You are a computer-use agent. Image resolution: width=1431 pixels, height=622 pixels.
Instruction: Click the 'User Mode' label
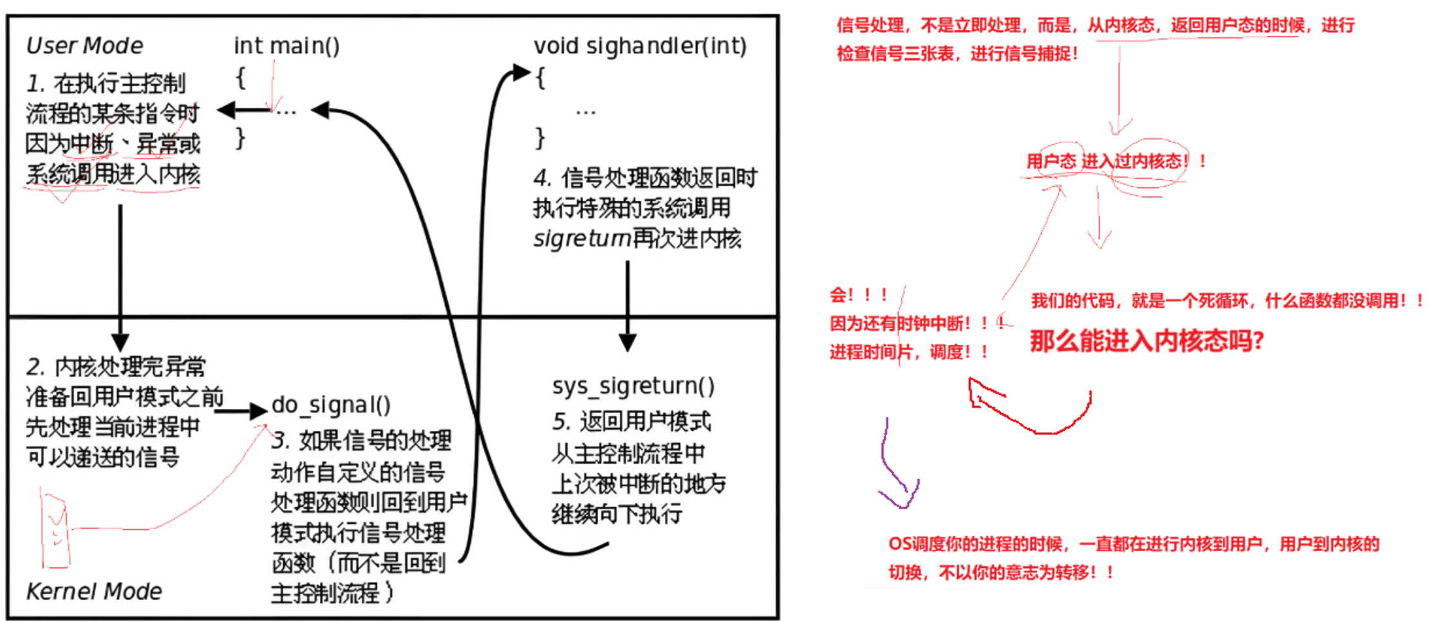click(x=84, y=46)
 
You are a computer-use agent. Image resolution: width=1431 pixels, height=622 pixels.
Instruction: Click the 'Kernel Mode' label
click(x=94, y=591)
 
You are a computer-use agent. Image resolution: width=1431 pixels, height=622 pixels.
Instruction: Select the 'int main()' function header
click(x=286, y=46)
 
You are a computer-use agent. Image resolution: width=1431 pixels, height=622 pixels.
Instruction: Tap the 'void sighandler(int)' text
click(x=640, y=46)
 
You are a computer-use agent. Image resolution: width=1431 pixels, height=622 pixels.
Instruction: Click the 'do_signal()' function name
click(x=331, y=405)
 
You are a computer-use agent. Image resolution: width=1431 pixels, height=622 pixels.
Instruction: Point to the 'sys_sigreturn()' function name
click(x=633, y=386)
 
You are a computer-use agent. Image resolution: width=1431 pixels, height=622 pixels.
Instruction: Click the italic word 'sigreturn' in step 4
click(x=581, y=239)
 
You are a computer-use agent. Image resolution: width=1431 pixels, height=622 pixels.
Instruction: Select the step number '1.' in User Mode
click(x=35, y=84)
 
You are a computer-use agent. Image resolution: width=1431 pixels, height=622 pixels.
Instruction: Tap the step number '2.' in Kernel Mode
click(x=35, y=367)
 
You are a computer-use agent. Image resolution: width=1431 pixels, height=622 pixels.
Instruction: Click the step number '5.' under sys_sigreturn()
click(x=561, y=422)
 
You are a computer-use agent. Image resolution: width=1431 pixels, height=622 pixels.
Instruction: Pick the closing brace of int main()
click(x=240, y=138)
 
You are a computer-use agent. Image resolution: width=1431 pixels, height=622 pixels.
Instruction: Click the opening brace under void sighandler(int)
click(x=541, y=79)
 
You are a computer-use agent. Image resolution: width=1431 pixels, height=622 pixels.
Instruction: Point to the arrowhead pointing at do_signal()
click(x=259, y=411)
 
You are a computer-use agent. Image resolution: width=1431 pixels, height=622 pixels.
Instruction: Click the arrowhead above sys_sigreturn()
click(x=628, y=343)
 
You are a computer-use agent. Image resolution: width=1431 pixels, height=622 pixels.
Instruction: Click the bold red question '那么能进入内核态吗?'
click(x=1146, y=341)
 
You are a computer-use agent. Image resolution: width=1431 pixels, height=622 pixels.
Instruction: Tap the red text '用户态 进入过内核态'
click(x=1105, y=161)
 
